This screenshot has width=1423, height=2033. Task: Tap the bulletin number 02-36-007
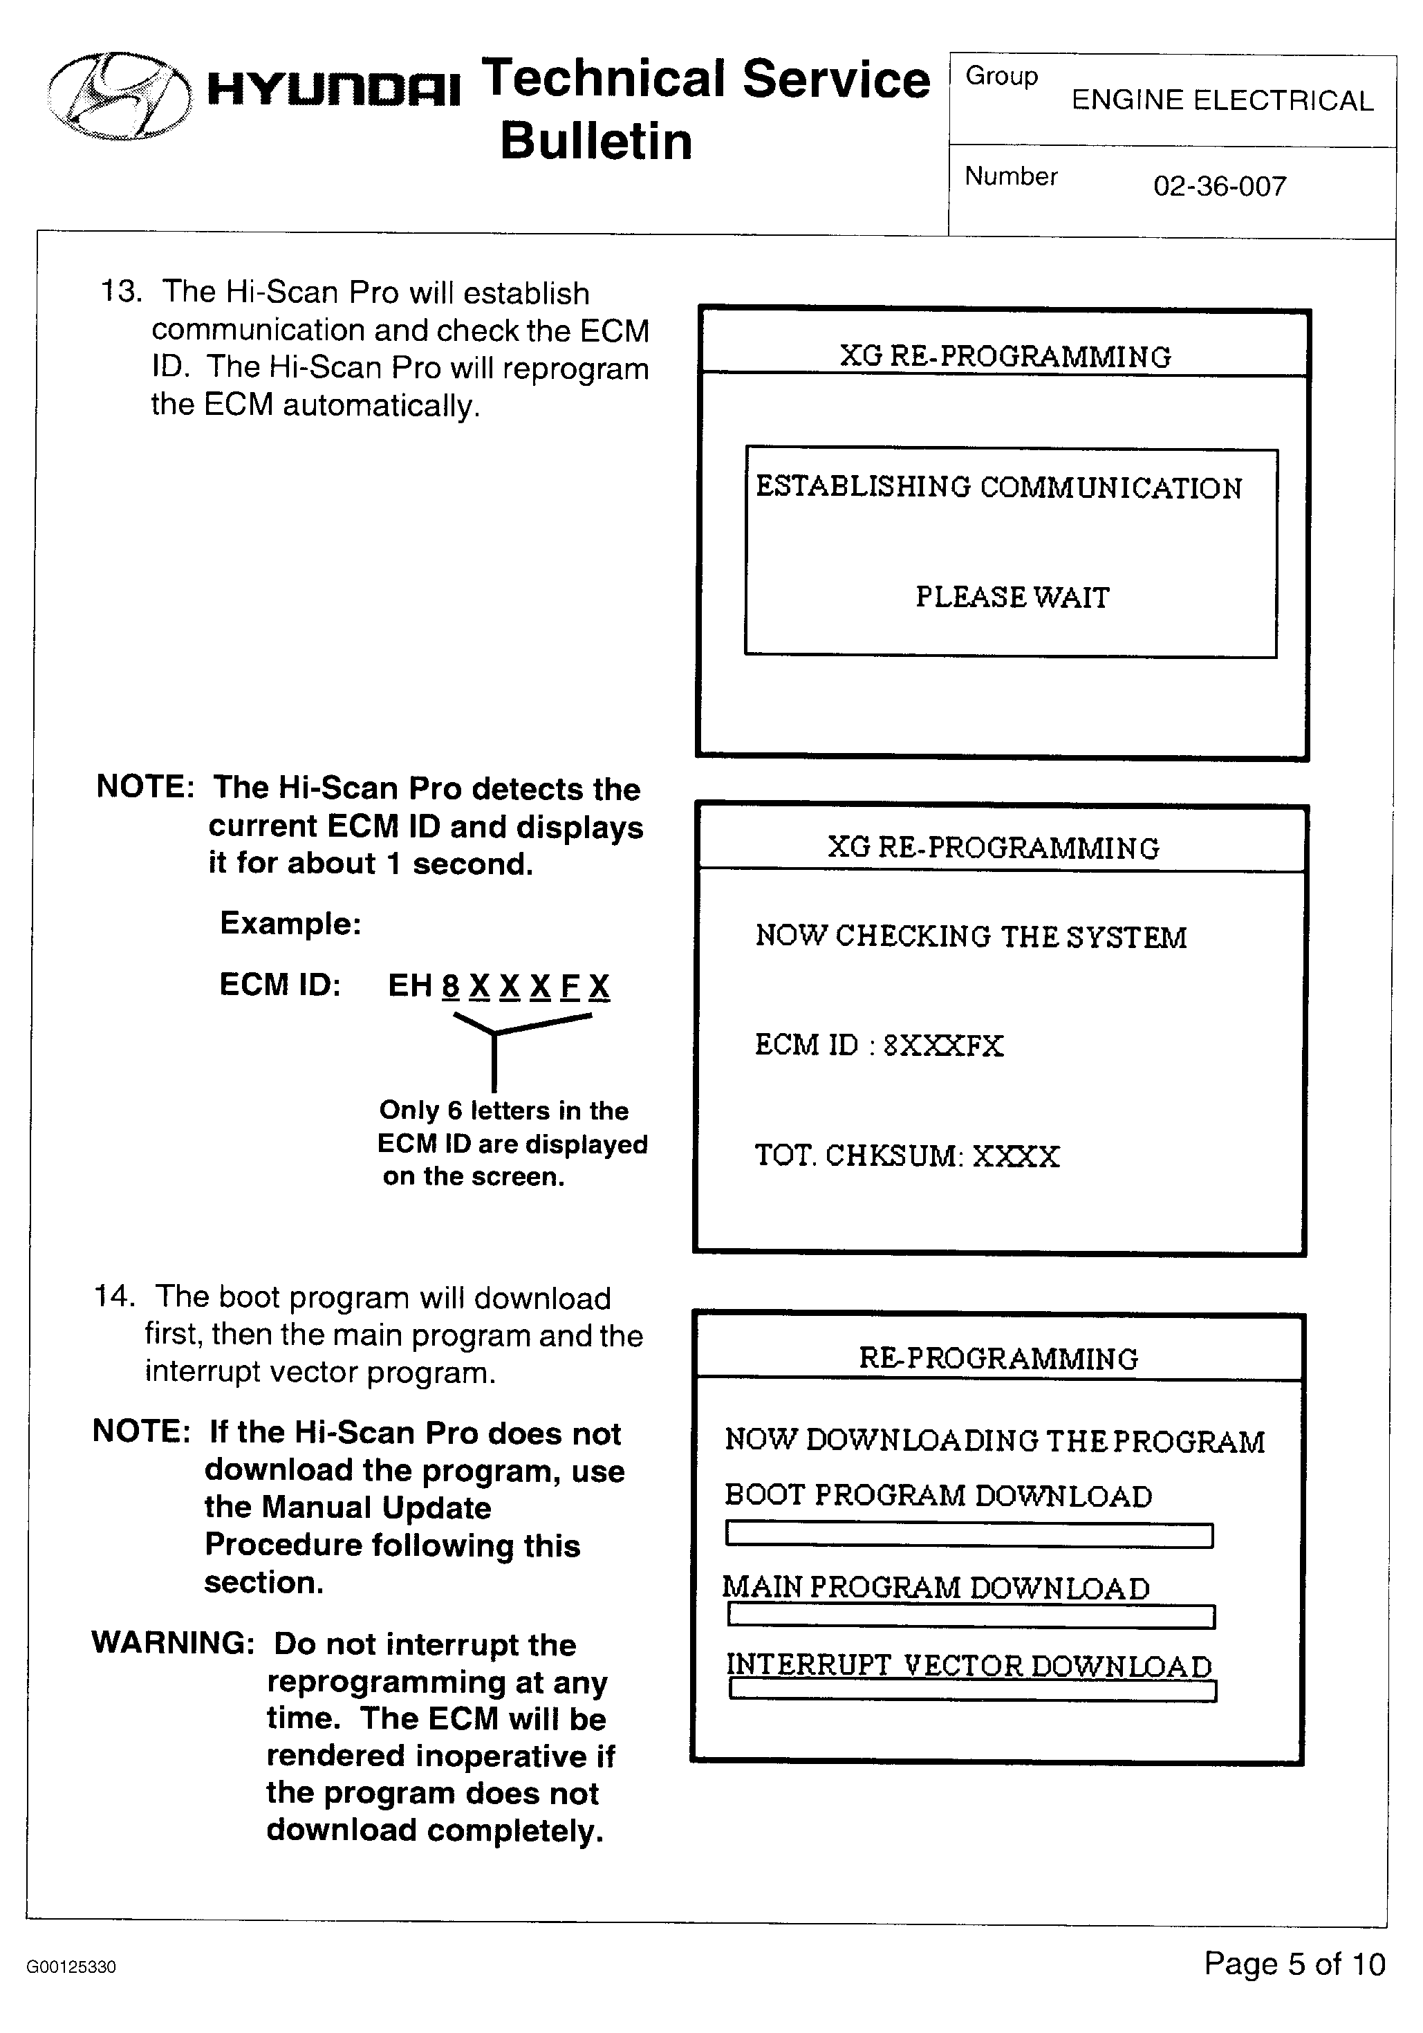[1218, 187]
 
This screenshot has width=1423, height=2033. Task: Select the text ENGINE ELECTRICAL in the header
[1222, 101]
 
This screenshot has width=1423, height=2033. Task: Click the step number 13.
[120, 291]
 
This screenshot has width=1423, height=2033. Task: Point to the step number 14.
[115, 1297]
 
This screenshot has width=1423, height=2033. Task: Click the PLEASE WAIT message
[1011, 597]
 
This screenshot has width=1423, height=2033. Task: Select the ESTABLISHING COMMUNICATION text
[998, 487]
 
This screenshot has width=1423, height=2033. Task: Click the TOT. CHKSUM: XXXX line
[906, 1155]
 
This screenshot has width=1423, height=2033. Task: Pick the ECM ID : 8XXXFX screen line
[878, 1045]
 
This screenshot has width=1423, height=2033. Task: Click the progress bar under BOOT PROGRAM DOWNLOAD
[969, 1534]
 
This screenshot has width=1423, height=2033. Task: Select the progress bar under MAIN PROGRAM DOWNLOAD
[971, 1616]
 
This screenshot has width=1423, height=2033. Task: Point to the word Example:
[290, 924]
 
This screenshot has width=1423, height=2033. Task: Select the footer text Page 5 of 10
[1294, 1964]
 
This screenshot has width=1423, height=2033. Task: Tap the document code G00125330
[71, 1967]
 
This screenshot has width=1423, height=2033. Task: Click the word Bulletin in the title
[595, 142]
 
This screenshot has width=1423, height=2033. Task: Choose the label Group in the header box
[1001, 76]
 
